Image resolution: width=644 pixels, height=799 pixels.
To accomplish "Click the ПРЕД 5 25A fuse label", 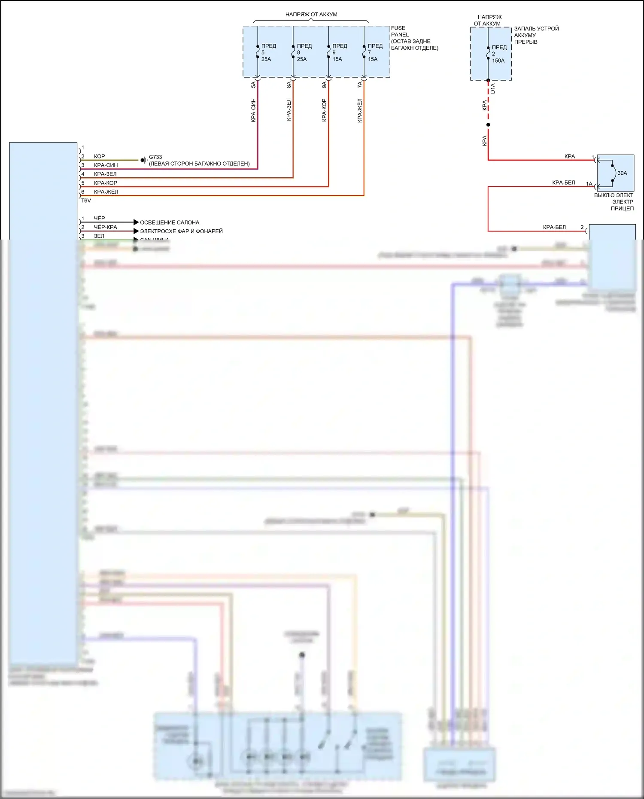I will pyautogui.click(x=268, y=52).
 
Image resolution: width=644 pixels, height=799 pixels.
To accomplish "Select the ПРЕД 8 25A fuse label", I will pyautogui.click(x=304, y=52).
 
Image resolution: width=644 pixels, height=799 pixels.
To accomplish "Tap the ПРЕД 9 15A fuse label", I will pyautogui.click(x=339, y=52).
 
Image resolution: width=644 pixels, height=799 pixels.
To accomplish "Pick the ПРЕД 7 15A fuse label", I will pyautogui.click(x=374, y=52).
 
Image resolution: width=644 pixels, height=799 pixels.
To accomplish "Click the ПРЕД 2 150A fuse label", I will pyautogui.click(x=499, y=54).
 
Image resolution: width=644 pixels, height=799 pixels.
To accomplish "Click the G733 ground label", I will pyautogui.click(x=155, y=157).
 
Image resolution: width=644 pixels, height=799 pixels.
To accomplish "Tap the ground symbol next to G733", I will pyautogui.click(x=144, y=160).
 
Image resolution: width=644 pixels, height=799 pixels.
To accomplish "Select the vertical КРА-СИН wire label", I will pyautogui.click(x=253, y=110).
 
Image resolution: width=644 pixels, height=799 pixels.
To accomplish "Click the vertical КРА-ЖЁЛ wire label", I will pyautogui.click(x=360, y=110).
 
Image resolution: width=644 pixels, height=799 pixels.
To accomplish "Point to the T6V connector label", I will pyautogui.click(x=86, y=201).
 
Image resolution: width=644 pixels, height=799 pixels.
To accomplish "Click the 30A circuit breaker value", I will pyautogui.click(x=622, y=173).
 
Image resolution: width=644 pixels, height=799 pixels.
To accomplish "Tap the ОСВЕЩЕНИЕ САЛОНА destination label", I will pyautogui.click(x=170, y=222).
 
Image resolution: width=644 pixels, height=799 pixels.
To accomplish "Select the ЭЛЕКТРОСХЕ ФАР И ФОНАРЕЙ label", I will pyautogui.click(x=181, y=231).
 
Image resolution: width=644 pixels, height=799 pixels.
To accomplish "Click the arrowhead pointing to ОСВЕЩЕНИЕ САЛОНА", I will pyautogui.click(x=136, y=222).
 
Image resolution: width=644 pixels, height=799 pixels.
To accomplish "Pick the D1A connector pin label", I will pyautogui.click(x=493, y=88).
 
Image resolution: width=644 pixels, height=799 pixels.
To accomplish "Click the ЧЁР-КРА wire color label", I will pyautogui.click(x=105, y=227).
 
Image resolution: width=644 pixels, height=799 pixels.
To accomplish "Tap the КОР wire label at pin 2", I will pyautogui.click(x=99, y=156).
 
